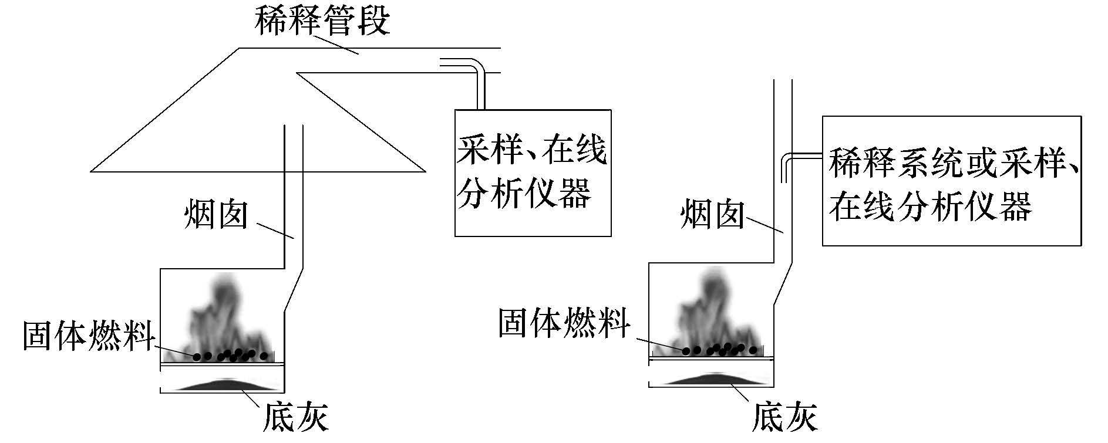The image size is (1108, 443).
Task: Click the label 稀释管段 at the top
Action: pyautogui.click(x=322, y=22)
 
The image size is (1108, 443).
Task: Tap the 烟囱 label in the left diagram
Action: pyautogui.click(x=215, y=215)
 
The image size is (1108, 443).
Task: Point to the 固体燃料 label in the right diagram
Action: pyautogui.click(x=564, y=323)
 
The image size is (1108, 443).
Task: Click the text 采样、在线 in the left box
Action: pyautogui.click(x=531, y=151)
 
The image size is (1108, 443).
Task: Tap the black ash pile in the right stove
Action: pyautogui.click(x=710, y=378)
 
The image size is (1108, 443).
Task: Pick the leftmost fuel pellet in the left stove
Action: pyautogui.click(x=197, y=356)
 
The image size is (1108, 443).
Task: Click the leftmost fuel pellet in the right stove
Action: pyautogui.click(x=685, y=350)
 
